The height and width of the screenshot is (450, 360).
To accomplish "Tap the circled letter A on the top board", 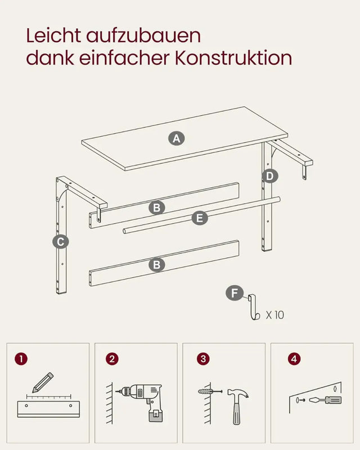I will coord(177,138).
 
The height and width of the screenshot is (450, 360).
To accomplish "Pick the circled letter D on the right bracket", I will coord(270,176).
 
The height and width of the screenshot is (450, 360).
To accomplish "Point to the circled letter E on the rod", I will coord(199,218).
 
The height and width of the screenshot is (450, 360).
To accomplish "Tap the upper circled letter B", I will coord(157,208).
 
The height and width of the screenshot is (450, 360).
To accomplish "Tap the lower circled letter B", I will coord(157,264).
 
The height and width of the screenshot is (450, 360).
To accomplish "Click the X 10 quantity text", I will coord(275,315).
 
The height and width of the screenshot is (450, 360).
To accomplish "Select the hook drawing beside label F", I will coord(253,307).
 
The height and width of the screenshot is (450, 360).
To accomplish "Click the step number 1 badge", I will coord(21,358).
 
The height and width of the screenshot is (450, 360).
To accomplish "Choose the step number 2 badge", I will coord(112,358).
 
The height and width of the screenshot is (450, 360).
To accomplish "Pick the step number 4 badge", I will coord(292,358).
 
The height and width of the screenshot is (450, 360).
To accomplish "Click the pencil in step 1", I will coord(42,382).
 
